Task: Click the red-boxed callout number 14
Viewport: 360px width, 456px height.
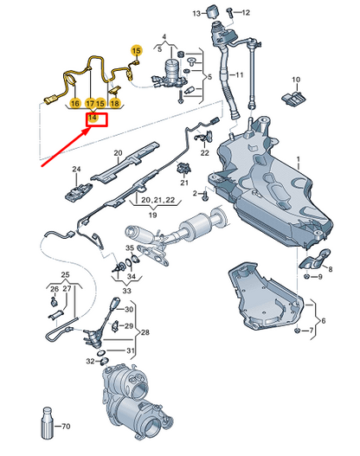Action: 93,116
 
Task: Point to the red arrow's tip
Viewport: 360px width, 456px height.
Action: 90,126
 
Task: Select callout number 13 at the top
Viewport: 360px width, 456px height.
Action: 196,13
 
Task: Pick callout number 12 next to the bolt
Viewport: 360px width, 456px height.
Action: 245,13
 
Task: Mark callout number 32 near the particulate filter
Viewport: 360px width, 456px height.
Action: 88,363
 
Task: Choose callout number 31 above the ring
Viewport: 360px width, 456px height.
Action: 130,350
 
